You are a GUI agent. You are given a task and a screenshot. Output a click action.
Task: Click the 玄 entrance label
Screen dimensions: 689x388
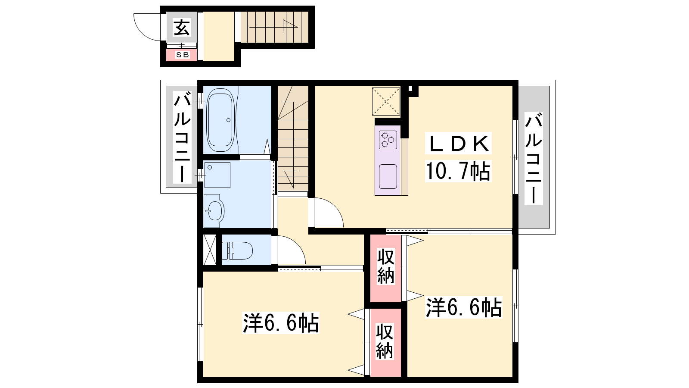(x=181, y=27)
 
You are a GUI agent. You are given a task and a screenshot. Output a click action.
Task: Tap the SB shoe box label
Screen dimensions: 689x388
(x=182, y=55)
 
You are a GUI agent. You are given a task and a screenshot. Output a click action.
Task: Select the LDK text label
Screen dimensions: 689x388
(x=458, y=143)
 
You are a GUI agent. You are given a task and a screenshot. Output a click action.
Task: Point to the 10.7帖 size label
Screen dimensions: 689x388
(x=458, y=171)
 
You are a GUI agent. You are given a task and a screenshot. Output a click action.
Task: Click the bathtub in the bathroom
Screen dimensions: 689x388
(x=220, y=120)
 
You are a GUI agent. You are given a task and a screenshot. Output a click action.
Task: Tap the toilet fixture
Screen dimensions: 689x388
(x=237, y=250)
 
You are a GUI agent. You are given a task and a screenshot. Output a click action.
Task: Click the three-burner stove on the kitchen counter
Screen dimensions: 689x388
(x=388, y=140)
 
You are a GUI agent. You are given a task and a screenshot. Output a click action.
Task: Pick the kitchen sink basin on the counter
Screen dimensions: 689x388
(x=388, y=176)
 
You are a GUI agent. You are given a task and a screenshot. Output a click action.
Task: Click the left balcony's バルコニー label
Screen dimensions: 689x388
(x=182, y=137)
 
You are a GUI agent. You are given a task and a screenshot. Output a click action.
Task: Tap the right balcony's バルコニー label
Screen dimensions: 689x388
(x=534, y=159)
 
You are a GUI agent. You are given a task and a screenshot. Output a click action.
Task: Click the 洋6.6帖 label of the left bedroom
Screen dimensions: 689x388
(x=281, y=323)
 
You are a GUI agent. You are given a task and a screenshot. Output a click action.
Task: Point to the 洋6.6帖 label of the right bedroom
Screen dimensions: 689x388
(x=464, y=307)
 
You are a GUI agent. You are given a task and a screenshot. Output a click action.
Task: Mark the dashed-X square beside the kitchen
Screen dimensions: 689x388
(x=386, y=101)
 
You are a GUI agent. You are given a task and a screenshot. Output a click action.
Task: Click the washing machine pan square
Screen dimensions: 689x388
(x=217, y=175)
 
